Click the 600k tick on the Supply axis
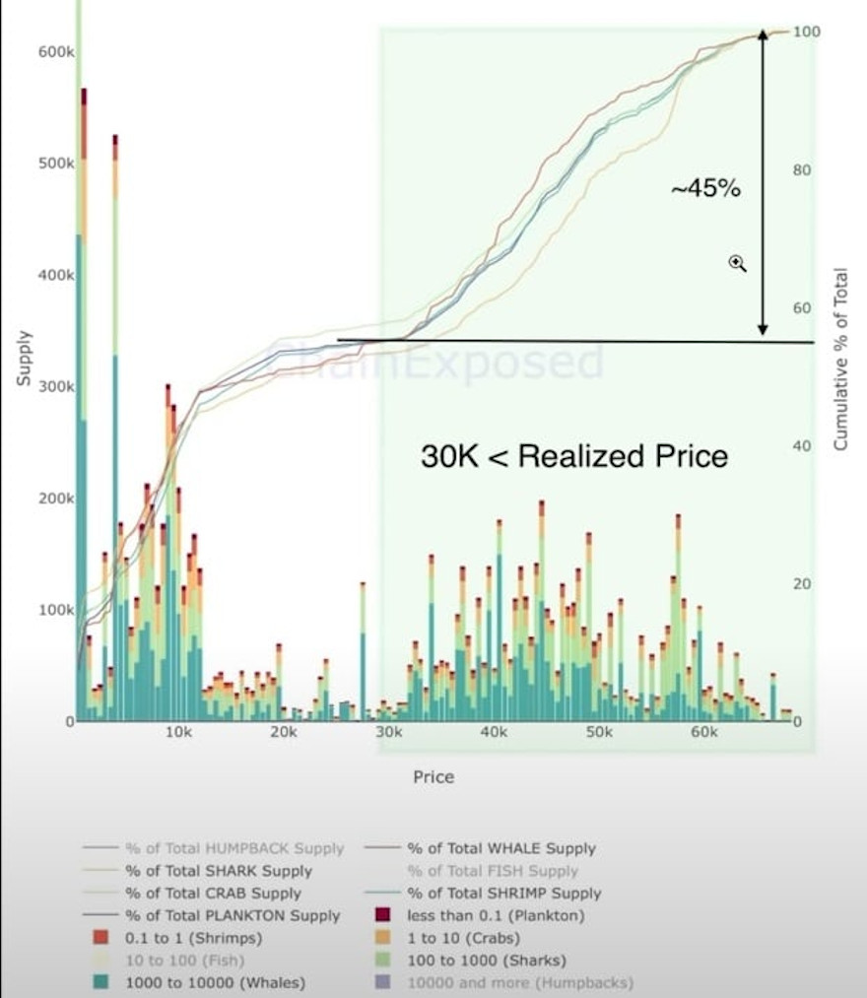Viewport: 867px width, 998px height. point(50,50)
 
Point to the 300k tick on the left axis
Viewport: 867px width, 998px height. point(50,386)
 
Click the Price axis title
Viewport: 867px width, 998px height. point(433,776)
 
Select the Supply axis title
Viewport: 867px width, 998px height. point(24,358)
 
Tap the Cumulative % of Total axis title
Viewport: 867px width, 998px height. point(840,359)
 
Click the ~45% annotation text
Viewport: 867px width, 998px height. point(705,189)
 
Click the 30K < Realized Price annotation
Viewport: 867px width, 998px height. point(574,456)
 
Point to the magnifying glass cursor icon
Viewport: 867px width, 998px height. point(738,262)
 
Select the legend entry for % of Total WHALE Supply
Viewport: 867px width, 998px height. point(501,848)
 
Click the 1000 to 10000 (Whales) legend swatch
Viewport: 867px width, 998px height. point(100,982)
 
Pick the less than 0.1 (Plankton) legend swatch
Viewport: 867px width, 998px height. point(383,915)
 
